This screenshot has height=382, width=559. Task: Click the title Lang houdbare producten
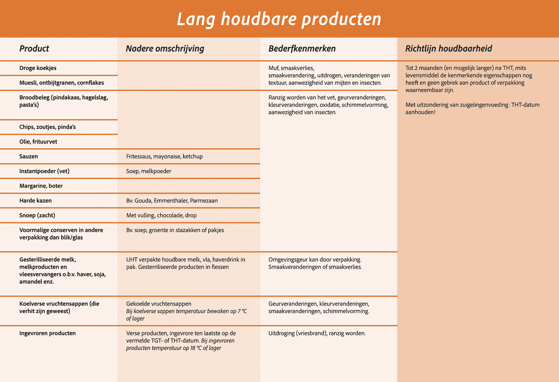coord(279,19)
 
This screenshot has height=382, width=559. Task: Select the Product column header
coord(34,49)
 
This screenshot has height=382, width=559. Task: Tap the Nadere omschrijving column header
coord(165,49)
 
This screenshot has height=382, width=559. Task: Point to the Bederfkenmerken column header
coord(302,49)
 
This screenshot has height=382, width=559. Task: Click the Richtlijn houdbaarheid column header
coord(448,49)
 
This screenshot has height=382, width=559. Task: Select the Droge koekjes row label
coord(38,68)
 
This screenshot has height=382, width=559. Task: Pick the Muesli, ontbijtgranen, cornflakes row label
coord(61,83)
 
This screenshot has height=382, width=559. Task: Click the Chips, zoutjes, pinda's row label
coord(48,127)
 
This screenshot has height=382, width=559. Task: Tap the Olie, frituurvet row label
coord(38,141)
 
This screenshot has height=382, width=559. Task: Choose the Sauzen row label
coord(29,156)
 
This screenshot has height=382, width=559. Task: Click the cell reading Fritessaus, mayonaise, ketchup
coord(164,156)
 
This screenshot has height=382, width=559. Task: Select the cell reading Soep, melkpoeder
coord(148,171)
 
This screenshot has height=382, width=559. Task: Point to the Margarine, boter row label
coord(41,186)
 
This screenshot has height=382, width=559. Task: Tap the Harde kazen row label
coord(36,200)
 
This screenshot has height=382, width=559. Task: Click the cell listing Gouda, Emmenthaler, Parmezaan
coord(172,200)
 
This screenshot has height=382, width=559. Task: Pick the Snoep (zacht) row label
coord(37,215)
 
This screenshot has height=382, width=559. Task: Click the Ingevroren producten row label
coord(48,333)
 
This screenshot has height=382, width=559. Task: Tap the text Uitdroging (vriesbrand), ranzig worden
coord(317,333)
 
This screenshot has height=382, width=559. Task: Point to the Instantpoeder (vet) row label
coord(44,171)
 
